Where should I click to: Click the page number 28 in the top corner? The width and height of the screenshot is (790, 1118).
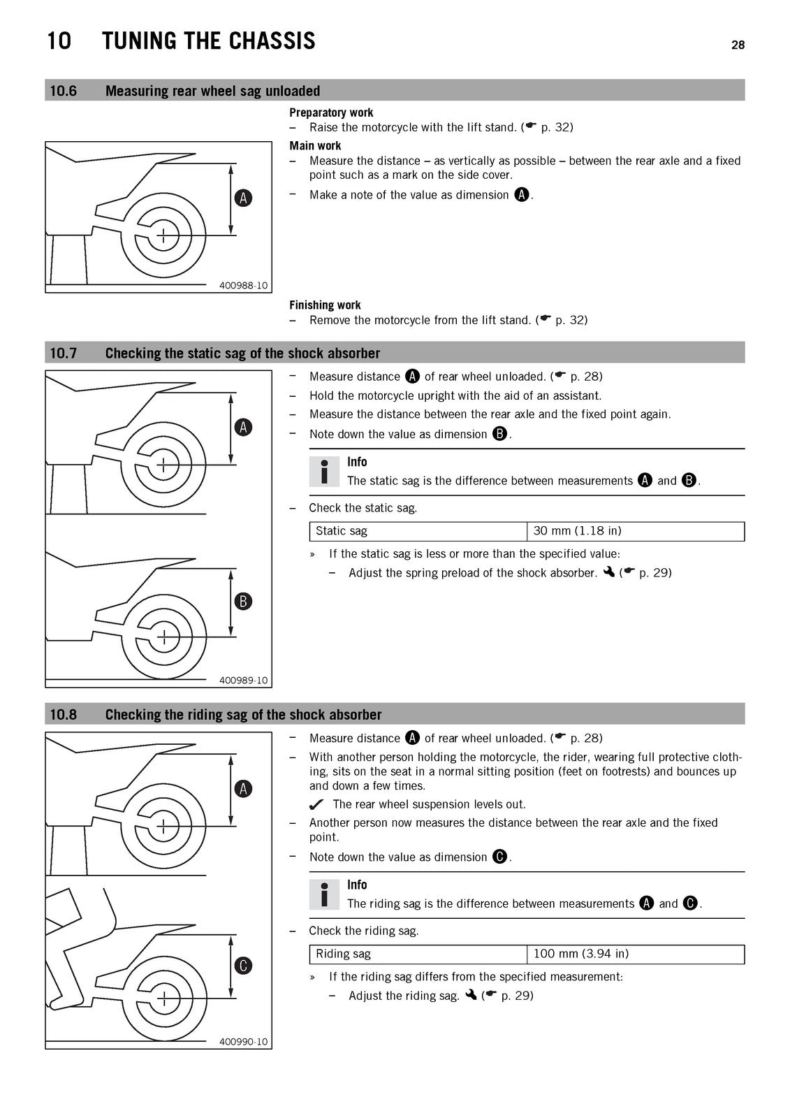point(738,45)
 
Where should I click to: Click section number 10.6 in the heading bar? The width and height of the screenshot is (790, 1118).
point(64,91)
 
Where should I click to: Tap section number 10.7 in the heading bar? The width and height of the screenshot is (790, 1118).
point(64,353)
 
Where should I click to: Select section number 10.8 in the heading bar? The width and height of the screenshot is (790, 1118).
point(64,714)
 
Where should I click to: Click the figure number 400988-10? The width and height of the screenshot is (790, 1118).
point(244,286)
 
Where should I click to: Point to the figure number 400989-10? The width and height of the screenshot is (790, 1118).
point(244,681)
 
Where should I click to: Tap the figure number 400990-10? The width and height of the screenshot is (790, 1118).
point(244,1042)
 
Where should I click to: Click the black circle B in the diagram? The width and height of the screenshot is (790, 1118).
point(243,601)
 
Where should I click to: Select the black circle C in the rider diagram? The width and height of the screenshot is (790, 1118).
point(243,965)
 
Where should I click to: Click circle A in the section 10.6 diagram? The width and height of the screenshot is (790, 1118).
point(243,198)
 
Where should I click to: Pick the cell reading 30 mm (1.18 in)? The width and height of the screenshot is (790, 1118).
point(636,531)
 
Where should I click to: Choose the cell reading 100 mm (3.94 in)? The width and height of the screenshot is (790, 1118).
point(636,954)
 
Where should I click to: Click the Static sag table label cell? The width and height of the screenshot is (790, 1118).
point(418,531)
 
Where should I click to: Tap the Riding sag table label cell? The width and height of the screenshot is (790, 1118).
point(418,954)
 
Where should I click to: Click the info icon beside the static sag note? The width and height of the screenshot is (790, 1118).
point(324,472)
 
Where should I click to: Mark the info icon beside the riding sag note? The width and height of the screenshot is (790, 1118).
point(324,894)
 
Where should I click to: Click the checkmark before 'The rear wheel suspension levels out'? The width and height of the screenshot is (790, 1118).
point(316,804)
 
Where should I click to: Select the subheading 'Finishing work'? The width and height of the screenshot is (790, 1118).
point(325,305)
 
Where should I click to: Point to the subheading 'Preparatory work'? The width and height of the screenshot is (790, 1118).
point(331,112)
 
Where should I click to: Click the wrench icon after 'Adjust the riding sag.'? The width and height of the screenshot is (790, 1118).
point(471,995)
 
